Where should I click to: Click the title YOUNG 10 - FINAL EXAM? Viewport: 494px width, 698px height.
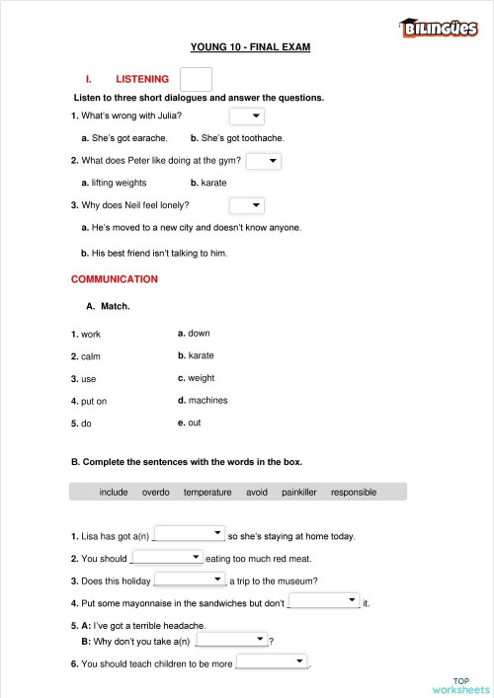(250, 46)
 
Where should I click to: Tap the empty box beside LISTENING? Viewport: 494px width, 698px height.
(197, 79)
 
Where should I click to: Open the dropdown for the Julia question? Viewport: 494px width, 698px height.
(246, 116)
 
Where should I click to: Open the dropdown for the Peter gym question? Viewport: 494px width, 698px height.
(263, 160)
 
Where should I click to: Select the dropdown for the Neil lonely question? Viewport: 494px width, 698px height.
(246, 205)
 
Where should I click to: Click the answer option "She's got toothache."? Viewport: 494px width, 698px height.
(241, 138)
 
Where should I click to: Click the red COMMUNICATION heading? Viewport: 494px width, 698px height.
(114, 279)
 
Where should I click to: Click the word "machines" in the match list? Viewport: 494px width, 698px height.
(207, 400)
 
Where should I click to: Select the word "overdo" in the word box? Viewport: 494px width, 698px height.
(156, 492)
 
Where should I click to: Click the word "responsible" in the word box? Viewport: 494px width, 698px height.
(354, 492)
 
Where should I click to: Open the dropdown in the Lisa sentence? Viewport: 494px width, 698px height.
(190, 534)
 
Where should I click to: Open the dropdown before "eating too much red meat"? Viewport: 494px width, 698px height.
(167, 557)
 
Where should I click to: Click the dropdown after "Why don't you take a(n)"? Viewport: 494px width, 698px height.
(232, 640)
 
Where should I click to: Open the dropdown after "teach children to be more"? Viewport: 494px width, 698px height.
(272, 661)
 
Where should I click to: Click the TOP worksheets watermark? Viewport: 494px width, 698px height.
(460, 684)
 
